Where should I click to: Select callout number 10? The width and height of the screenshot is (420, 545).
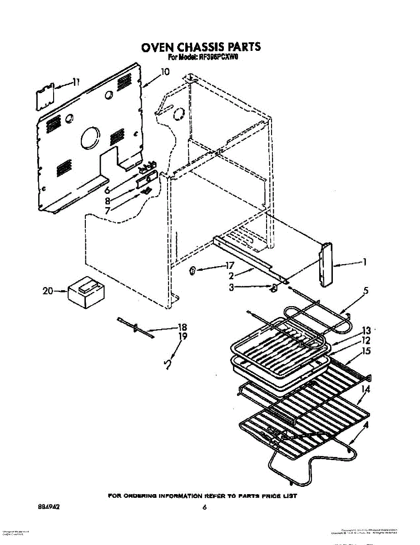[x=164, y=72]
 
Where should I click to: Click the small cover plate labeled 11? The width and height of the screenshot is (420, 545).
[x=45, y=96]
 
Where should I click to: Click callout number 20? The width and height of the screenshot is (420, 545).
[x=48, y=291]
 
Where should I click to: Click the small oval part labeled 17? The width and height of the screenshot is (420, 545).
[x=192, y=271]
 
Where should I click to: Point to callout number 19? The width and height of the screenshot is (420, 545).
[x=183, y=337]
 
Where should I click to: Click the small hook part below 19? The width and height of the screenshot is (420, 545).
[x=168, y=364]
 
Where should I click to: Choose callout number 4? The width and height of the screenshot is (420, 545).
[x=366, y=426]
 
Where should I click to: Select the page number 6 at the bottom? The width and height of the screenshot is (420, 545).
[x=205, y=507]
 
